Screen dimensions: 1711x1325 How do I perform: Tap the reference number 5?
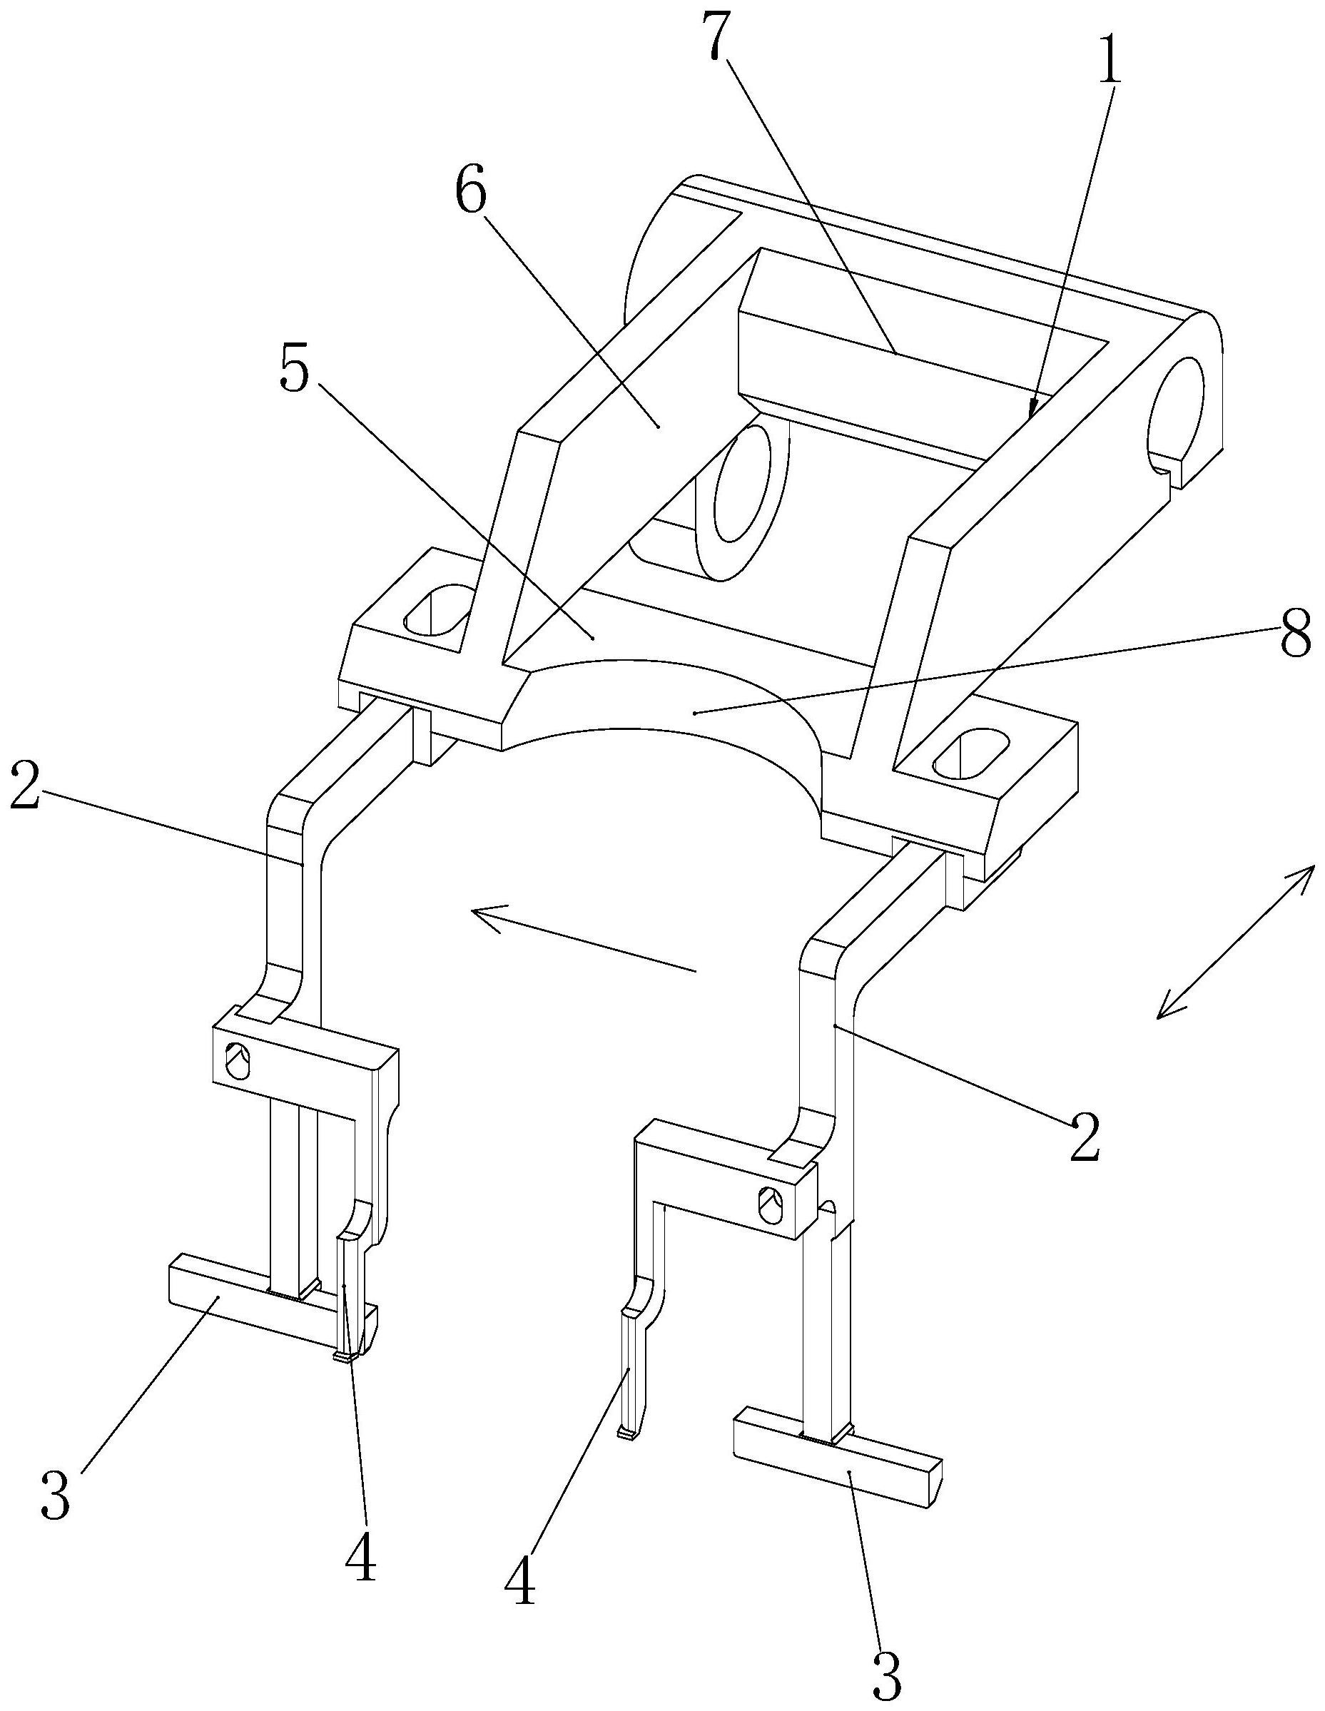(295, 375)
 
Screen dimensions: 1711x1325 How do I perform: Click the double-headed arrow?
(1236, 942)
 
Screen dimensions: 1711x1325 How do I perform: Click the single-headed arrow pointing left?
(583, 937)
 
